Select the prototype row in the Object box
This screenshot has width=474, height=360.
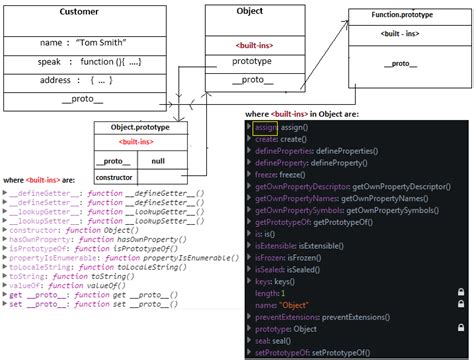[249, 61]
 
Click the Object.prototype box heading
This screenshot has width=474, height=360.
[141, 129]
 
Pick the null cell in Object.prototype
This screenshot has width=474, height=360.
[158, 159]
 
